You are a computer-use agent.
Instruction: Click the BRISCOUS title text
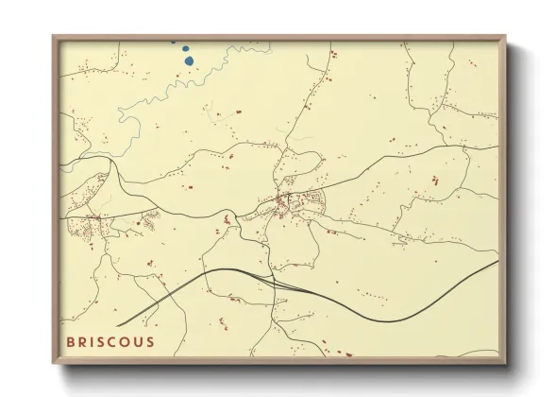pyautogui.click(x=110, y=341)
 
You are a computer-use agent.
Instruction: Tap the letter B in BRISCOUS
pyautogui.click(x=70, y=341)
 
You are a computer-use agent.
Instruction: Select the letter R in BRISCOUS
pyautogui.click(x=81, y=341)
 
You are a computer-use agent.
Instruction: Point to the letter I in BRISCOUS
pyautogui.click(x=92, y=341)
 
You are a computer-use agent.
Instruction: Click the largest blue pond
pyautogui.click(x=189, y=61)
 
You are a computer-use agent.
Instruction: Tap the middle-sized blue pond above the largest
pyautogui.click(x=186, y=48)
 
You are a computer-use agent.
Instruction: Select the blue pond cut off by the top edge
pyautogui.click(x=173, y=43)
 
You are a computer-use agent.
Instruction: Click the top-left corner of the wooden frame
pyautogui.click(x=54, y=37)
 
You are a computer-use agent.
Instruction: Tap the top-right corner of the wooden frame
pyautogui.click(x=505, y=37)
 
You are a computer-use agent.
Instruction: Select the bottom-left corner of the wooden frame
pyautogui.click(x=54, y=363)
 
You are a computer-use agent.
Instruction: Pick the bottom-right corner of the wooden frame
pyautogui.click(x=505, y=363)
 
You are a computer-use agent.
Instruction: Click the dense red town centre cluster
pyautogui.click(x=283, y=200)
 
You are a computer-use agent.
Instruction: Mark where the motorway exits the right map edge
pyautogui.click(x=497, y=262)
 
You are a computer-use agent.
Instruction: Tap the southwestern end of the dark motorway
pyautogui.click(x=118, y=325)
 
